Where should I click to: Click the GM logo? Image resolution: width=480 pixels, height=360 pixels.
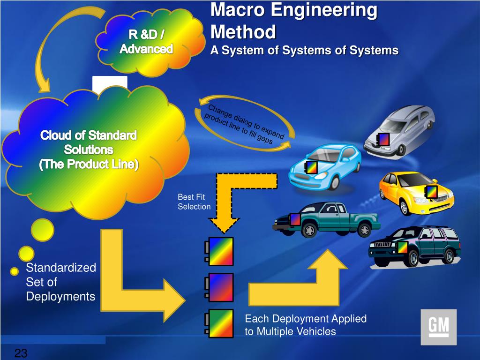[438, 327]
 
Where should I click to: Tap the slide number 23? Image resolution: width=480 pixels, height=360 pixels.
[21, 353]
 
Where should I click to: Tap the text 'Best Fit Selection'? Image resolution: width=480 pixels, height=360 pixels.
[194, 202]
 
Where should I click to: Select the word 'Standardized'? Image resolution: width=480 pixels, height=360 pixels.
[60, 268]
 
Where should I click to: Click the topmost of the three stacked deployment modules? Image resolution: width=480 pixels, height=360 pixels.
[221, 251]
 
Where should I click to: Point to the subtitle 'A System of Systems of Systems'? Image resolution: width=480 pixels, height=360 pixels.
[304, 51]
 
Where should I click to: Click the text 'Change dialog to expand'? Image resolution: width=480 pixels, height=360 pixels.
[246, 121]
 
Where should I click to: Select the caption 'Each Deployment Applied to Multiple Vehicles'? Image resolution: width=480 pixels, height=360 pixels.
[305, 325]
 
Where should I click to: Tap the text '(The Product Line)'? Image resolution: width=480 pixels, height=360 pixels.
[89, 165]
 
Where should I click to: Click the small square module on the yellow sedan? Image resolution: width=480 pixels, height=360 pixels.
[431, 192]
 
